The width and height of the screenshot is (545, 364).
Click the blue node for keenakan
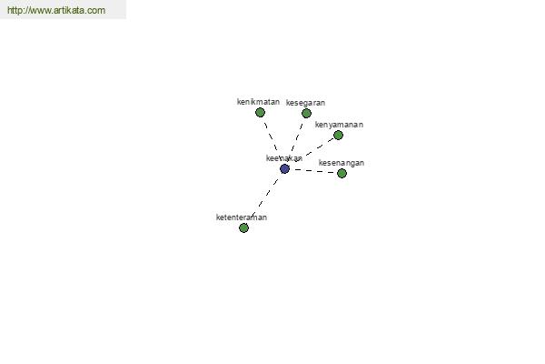coord(284,169)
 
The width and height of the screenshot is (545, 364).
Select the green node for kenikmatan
coord(260,113)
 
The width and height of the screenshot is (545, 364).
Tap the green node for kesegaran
coord(306,113)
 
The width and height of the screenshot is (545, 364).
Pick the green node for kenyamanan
coord(338,136)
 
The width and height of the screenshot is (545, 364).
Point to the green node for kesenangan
coord(342,173)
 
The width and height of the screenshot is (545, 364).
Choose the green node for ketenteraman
coord(243,228)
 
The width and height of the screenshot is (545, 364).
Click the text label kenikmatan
coord(258,102)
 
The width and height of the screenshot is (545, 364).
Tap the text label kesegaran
coord(305,103)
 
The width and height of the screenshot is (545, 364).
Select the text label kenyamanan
coord(339,125)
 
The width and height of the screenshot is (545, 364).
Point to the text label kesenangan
coord(342,163)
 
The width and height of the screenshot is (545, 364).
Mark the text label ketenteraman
coord(242,217)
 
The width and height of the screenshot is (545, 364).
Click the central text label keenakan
coord(284,158)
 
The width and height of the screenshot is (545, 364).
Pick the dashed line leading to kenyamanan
coord(319,147)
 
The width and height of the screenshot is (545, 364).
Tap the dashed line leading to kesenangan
coord(314,171)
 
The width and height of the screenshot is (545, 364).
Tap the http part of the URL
coord(14,10)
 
